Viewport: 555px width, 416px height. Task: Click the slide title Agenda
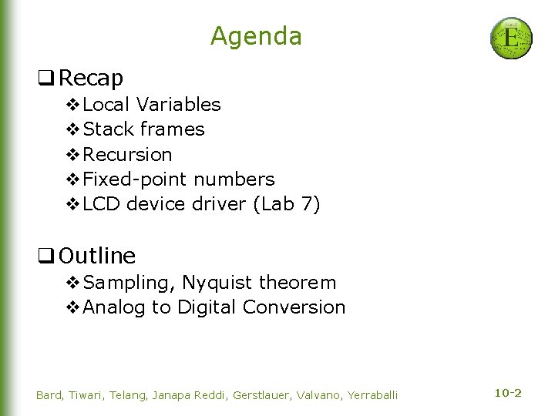point(256,36)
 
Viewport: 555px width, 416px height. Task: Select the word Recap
point(91,78)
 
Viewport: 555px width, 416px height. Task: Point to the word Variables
point(178,104)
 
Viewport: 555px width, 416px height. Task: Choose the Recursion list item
point(127,154)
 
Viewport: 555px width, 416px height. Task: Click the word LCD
point(101,204)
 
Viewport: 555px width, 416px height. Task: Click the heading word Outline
point(97,255)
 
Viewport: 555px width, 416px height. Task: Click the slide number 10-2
point(507,393)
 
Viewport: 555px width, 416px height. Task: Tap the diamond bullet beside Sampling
point(73,283)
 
